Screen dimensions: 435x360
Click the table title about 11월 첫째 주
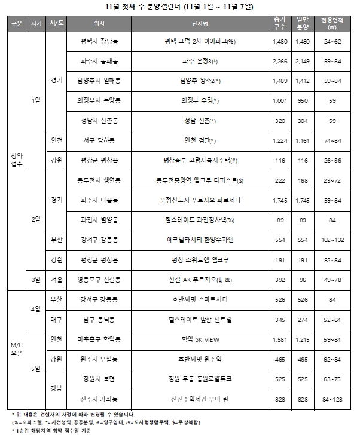tap(179, 7)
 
